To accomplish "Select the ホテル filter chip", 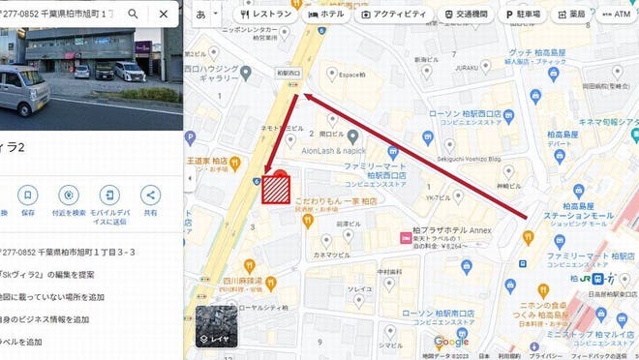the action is pos(325,15).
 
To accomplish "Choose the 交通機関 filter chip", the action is pos(468,15).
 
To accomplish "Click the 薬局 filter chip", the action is pos(572,15).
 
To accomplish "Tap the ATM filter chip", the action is pos(616,15).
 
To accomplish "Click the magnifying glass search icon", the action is pos(136,15).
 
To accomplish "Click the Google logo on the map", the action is pos(451,342).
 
